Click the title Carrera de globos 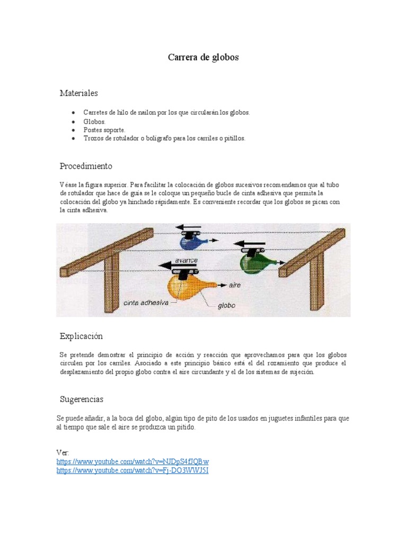[x=203, y=57]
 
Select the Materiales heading [x=78, y=93]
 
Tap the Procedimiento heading [x=86, y=166]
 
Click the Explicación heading [x=81, y=336]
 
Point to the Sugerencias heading [x=82, y=399]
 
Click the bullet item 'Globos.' [x=94, y=121]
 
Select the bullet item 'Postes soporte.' [x=104, y=130]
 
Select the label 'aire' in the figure [x=235, y=285]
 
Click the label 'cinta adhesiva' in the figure [x=146, y=303]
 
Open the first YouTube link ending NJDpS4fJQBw [x=132, y=461]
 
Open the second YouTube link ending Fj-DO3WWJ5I [x=132, y=470]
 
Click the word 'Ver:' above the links [x=63, y=452]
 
